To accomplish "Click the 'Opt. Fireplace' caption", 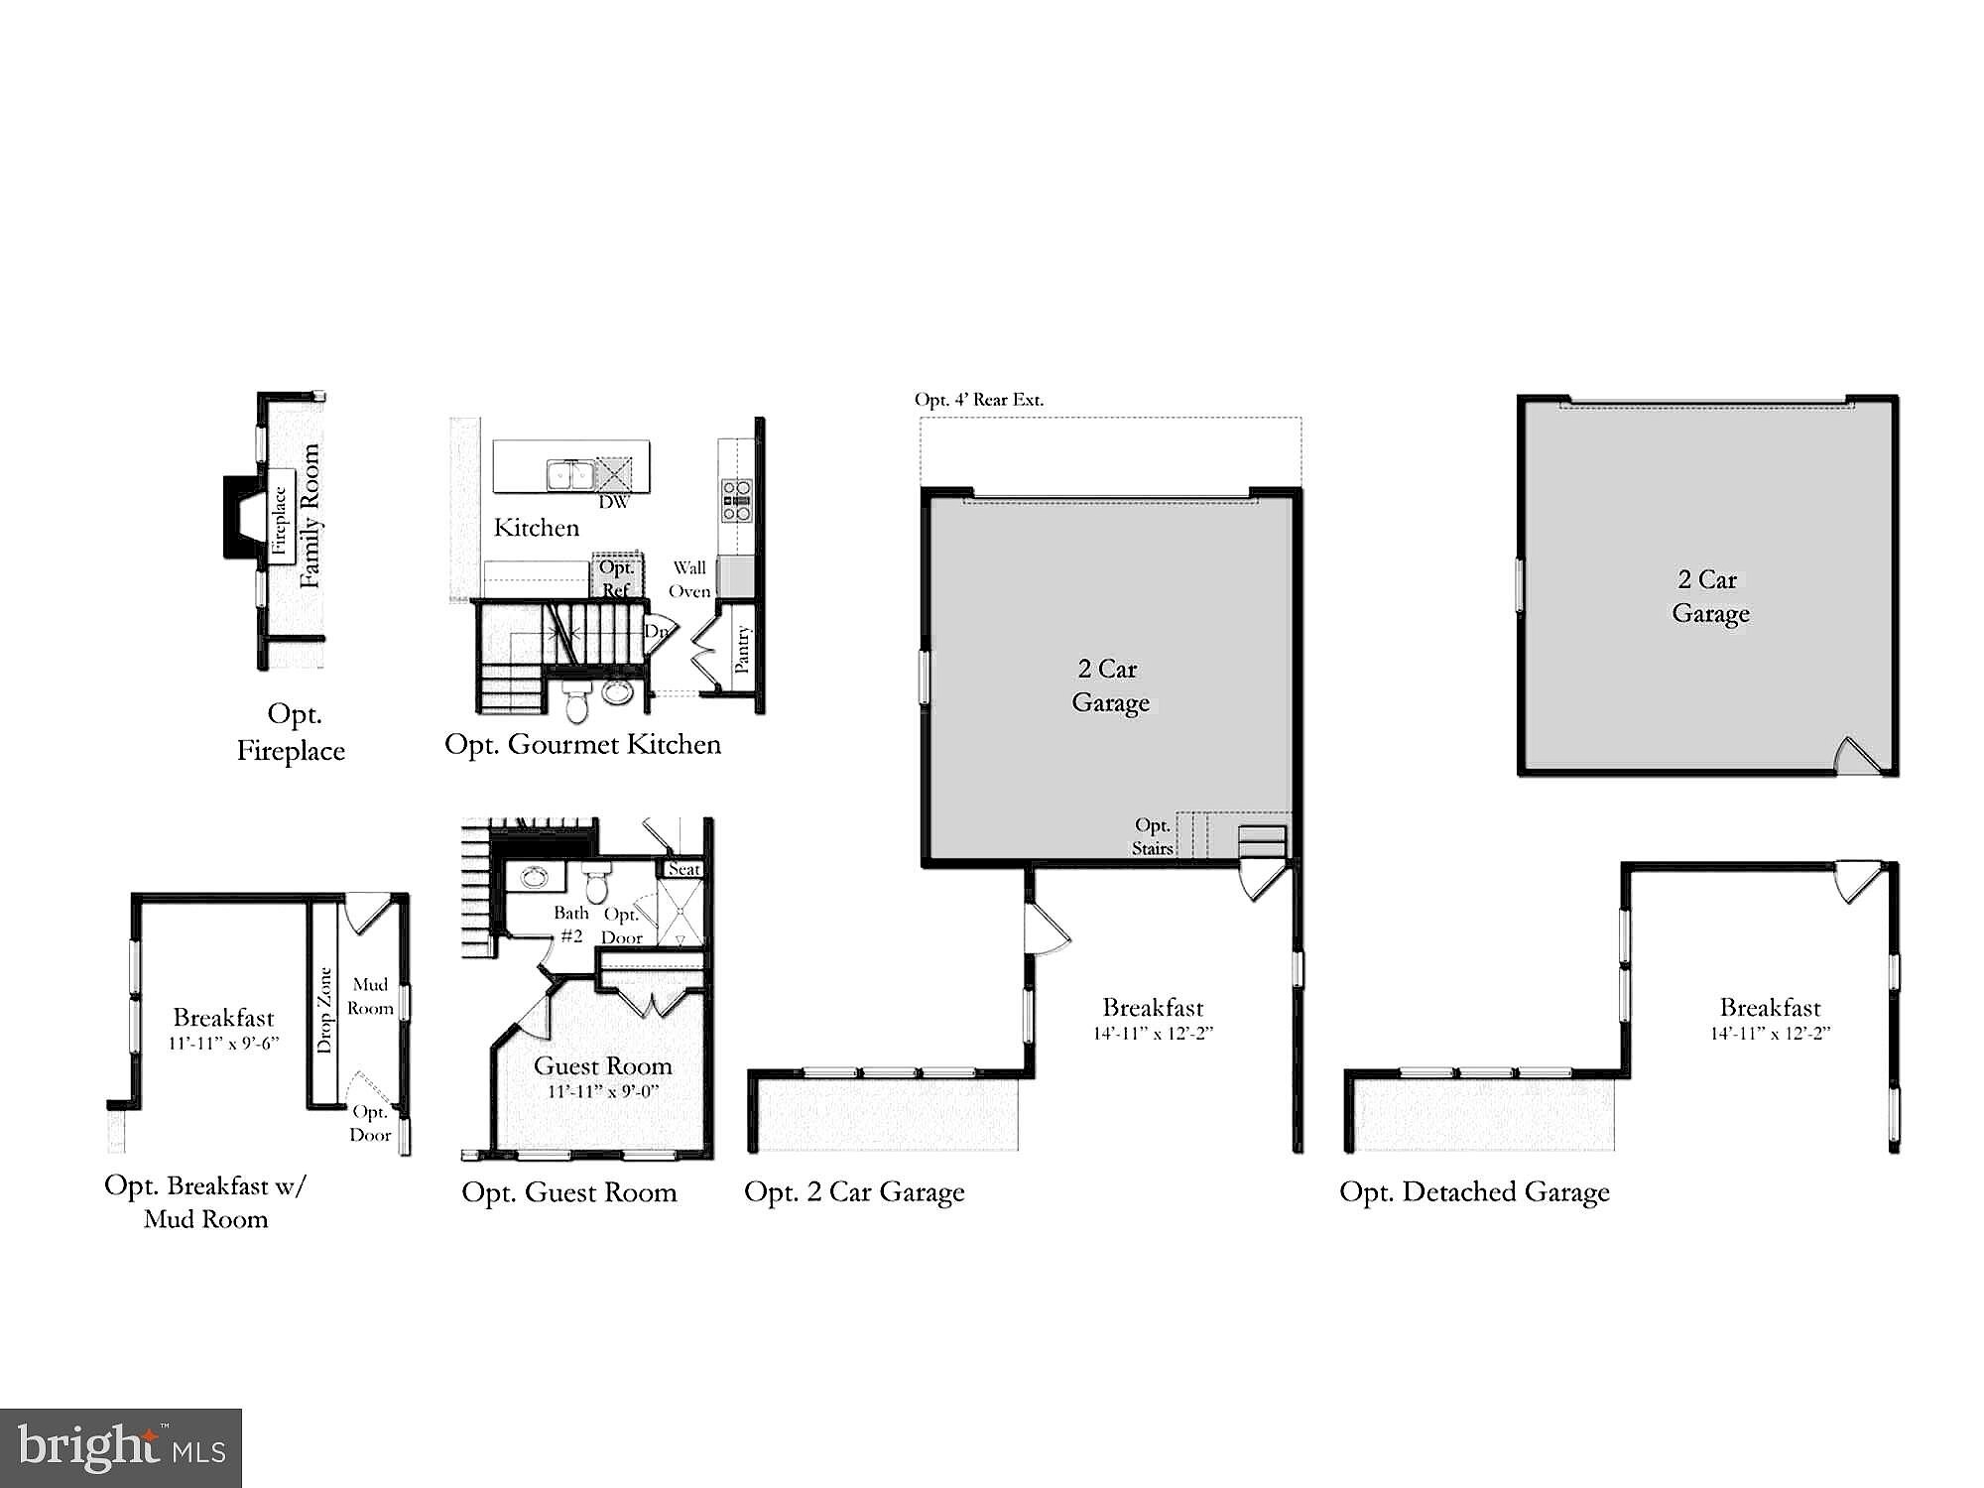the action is (x=291, y=732).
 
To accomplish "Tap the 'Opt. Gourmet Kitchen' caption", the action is (x=582, y=744).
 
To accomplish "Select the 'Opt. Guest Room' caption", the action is (x=569, y=1192).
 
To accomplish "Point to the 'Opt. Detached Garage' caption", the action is (x=1474, y=1191).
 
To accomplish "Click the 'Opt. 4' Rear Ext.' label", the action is (x=979, y=400).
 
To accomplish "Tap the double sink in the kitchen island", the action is (x=570, y=474).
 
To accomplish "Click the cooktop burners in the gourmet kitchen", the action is (x=736, y=500).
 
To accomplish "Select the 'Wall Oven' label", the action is (x=689, y=579).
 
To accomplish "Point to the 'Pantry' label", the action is (x=742, y=650).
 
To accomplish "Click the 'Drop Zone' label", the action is (x=324, y=1010).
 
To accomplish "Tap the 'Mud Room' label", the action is (x=370, y=996).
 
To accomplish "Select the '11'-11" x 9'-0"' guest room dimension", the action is (x=603, y=1091).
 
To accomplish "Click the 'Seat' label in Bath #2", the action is (x=684, y=869).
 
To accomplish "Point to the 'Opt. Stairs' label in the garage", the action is (x=1153, y=836).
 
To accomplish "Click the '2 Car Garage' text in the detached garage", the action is (x=1710, y=596).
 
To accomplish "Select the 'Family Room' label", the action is (x=310, y=516).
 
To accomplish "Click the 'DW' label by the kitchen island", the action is (x=614, y=502).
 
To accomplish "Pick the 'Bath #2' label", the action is (x=571, y=924).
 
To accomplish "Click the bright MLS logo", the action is (x=120, y=1447).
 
